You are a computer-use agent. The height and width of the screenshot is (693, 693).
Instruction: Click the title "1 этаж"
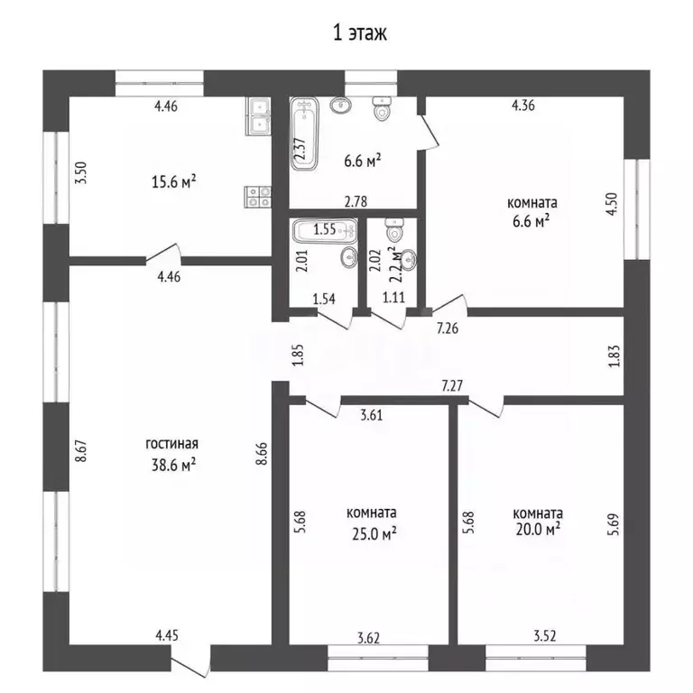coord(359,32)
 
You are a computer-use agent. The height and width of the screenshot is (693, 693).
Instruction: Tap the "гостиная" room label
coord(172,443)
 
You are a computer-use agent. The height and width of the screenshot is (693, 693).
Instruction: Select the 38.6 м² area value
coord(173,465)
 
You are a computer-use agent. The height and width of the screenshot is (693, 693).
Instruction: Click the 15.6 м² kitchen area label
coord(173,181)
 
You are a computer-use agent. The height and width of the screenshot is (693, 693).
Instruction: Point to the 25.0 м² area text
coord(374,534)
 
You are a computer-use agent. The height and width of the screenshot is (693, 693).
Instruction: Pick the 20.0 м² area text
coord(538,529)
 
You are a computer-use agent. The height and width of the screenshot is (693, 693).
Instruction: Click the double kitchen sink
coord(259,116)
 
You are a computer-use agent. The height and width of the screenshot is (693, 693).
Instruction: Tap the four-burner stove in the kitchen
coord(258,197)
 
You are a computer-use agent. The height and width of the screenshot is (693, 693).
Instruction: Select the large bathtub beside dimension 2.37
coord(304,134)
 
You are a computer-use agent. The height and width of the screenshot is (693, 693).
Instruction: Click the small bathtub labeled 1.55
coord(325,231)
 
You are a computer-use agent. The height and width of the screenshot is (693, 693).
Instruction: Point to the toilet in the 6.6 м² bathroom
coord(382,108)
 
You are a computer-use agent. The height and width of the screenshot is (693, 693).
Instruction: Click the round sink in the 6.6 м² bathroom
coord(341,105)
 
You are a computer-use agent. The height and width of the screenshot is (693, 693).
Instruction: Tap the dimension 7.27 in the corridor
coord(452,386)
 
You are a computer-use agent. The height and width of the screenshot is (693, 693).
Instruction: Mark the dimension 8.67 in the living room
coord(81,451)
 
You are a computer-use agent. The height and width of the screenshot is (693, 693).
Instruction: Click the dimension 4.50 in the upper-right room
coord(611,204)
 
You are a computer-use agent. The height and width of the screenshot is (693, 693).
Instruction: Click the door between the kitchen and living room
coord(163,254)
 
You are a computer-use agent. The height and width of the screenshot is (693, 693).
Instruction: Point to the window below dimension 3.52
coord(536,658)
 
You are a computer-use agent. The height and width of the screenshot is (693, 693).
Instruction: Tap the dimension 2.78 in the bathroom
coord(356,201)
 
